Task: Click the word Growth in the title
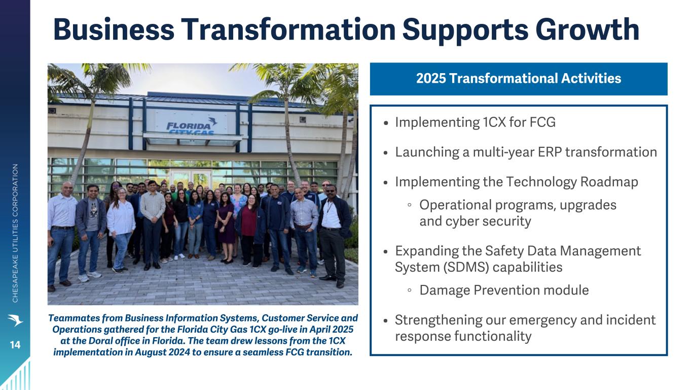(587, 30)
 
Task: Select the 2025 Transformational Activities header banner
(519, 79)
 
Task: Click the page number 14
(15, 345)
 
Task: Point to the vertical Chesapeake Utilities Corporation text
(15, 233)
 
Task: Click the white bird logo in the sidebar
(15, 320)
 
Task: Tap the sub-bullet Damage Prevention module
(504, 290)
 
